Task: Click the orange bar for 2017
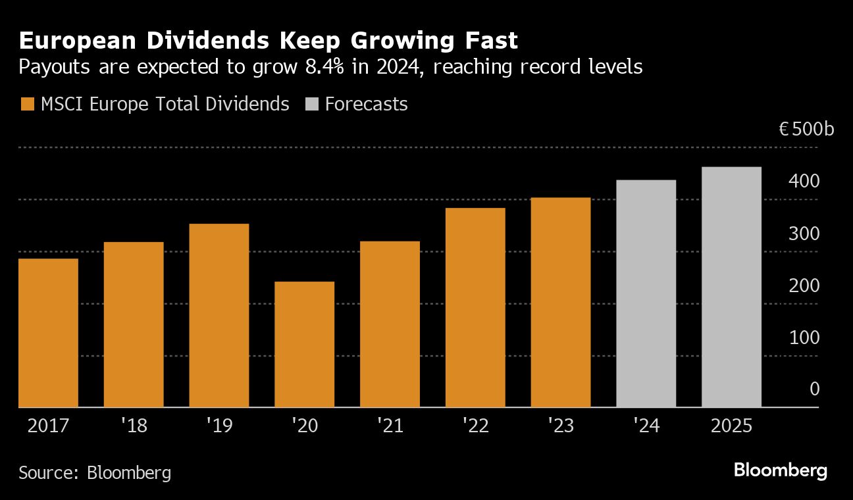48,333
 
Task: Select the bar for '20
304,344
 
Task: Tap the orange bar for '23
560,302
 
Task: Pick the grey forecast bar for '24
646,293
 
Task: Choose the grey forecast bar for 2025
731,287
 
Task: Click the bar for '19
219,315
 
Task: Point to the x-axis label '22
475,426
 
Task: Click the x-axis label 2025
731,426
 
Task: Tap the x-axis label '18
134,426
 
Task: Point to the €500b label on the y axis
806,129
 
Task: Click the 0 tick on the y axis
814,389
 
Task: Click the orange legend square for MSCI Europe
27,104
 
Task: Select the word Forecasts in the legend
366,104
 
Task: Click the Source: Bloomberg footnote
95,472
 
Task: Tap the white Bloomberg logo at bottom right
780,470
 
